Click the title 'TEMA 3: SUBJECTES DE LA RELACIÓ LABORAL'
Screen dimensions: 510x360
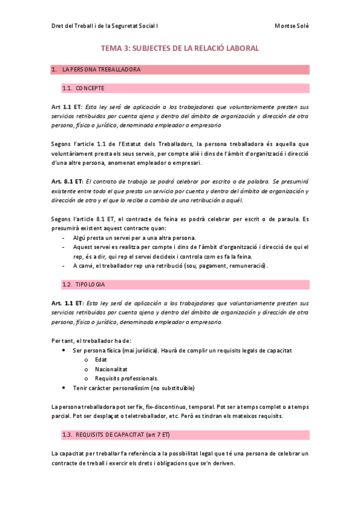tap(180, 48)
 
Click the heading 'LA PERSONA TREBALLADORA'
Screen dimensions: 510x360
tap(101, 70)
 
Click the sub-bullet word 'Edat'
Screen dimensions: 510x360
tap(101, 359)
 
